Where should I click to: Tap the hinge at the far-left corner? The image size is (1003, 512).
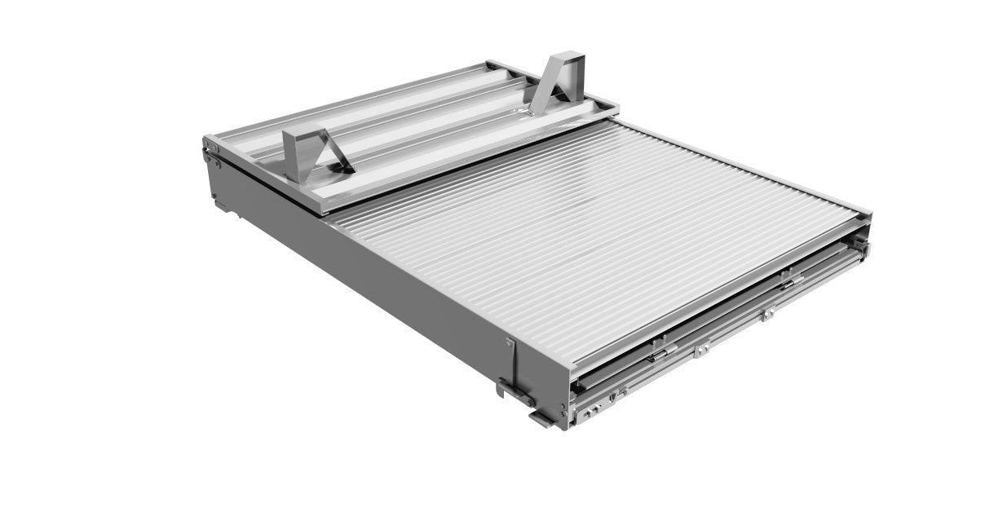tap(210, 149)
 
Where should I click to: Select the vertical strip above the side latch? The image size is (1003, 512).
tap(511, 360)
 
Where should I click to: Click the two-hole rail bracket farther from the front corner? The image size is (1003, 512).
tap(768, 315)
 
